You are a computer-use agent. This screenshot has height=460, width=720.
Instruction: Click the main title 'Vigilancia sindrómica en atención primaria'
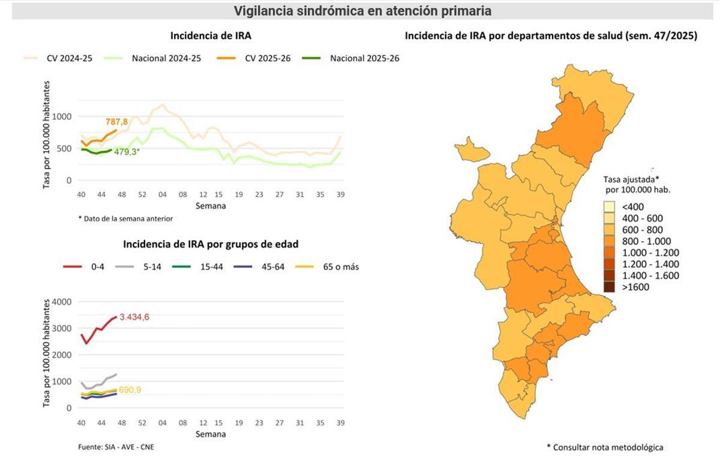pyautogui.click(x=362, y=11)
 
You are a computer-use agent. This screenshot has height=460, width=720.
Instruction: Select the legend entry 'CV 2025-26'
pyautogui.click(x=268, y=58)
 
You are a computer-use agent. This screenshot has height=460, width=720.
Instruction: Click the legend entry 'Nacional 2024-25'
pyautogui.click(x=166, y=58)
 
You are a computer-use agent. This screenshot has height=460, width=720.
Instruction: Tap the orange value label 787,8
pyautogui.click(x=117, y=122)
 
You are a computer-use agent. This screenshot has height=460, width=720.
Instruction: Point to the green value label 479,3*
pyautogui.click(x=127, y=152)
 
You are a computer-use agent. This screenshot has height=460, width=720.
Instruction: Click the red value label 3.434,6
pyautogui.click(x=134, y=317)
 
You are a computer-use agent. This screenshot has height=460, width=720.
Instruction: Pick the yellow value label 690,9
pyautogui.click(x=130, y=390)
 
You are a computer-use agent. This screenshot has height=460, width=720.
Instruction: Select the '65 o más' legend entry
pyautogui.click(x=342, y=267)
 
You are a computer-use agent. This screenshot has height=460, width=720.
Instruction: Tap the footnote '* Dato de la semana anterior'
pyautogui.click(x=125, y=219)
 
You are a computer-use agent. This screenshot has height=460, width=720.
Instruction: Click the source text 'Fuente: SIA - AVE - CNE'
pyautogui.click(x=112, y=447)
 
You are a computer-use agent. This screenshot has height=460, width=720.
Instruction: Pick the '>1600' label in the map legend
pyautogui.click(x=635, y=287)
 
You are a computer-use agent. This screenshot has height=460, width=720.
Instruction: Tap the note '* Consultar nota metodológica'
pyautogui.click(x=605, y=447)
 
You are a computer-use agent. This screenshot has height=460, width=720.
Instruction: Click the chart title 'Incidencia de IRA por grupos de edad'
pyautogui.click(x=211, y=244)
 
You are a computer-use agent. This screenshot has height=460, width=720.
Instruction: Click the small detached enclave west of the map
pyautogui.click(x=469, y=148)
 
